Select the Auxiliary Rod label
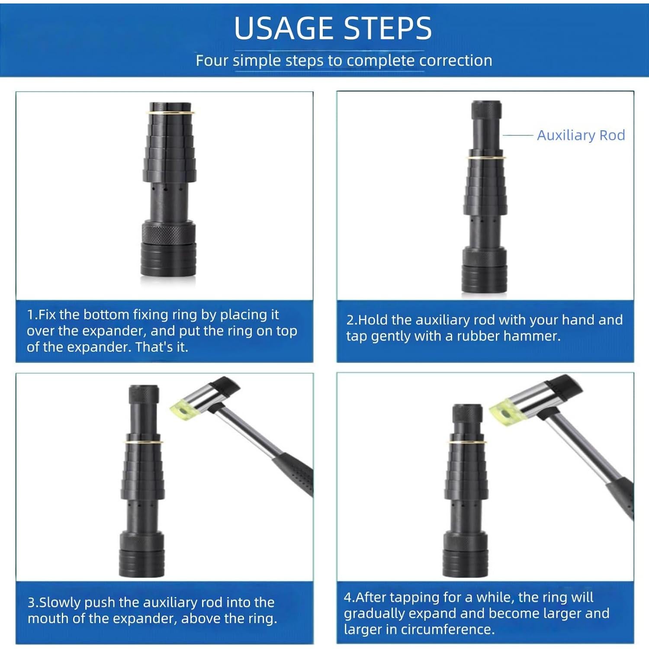[581, 135]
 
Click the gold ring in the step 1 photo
[170, 112]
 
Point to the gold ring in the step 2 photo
[486, 157]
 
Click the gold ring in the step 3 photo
[144, 442]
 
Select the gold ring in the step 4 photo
[467, 441]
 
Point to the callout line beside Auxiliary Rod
[517, 135]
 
